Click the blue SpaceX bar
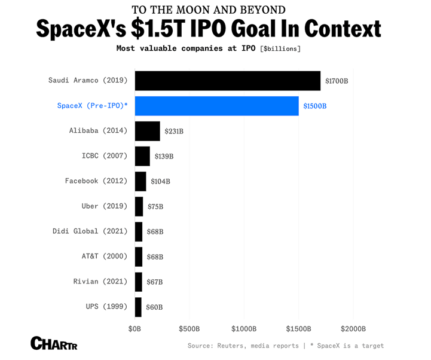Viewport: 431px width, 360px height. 216,106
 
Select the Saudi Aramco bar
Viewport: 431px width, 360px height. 227,81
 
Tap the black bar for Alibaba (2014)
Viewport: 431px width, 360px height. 147,131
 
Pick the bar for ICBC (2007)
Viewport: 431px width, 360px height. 142,156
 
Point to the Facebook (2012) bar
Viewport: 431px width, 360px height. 140,181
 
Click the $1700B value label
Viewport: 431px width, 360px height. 337,81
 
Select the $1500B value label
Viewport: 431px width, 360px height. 315,106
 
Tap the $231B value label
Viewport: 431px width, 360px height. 174,131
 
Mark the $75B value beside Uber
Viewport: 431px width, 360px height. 155,206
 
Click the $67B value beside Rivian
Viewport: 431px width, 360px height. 155,282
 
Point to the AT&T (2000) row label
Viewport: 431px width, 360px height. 104,256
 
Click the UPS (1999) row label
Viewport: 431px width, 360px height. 106,306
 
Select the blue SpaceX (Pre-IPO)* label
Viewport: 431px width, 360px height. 92,106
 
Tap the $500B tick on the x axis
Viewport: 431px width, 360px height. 189,329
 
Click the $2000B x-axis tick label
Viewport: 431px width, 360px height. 353,329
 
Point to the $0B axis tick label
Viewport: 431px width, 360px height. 135,329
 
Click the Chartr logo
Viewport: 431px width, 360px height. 54,343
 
